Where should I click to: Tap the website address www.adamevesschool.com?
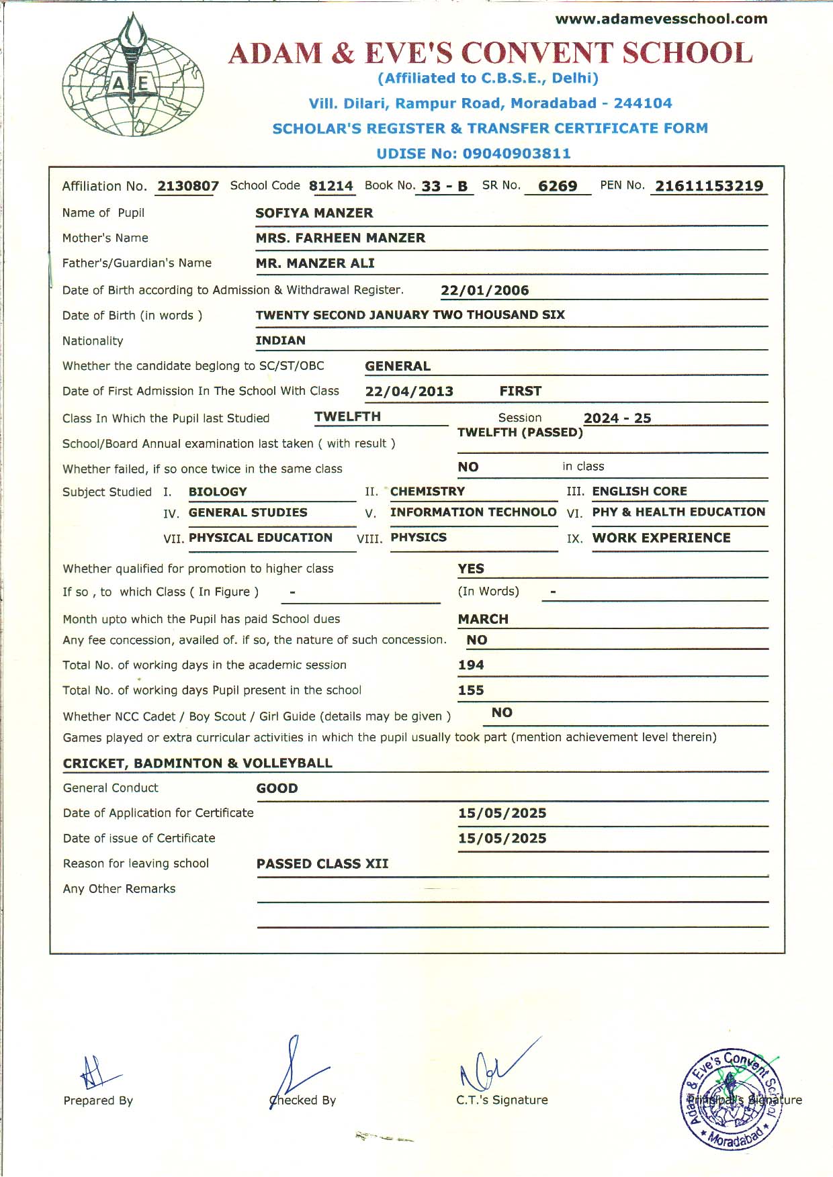(661, 19)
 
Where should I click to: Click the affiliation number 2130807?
(188, 186)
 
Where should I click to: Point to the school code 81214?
(331, 186)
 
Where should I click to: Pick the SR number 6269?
(558, 186)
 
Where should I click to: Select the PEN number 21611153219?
(709, 186)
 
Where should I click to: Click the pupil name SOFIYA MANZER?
(314, 213)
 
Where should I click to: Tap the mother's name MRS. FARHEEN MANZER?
(340, 238)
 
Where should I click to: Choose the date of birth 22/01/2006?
(484, 290)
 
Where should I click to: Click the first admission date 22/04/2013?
(409, 391)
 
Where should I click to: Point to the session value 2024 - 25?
(617, 418)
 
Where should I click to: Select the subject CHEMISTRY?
(427, 491)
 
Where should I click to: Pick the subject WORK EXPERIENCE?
(661, 538)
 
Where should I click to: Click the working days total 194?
(471, 665)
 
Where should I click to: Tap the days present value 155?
(471, 690)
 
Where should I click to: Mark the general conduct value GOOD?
(277, 788)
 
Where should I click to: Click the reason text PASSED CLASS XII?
(322, 863)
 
